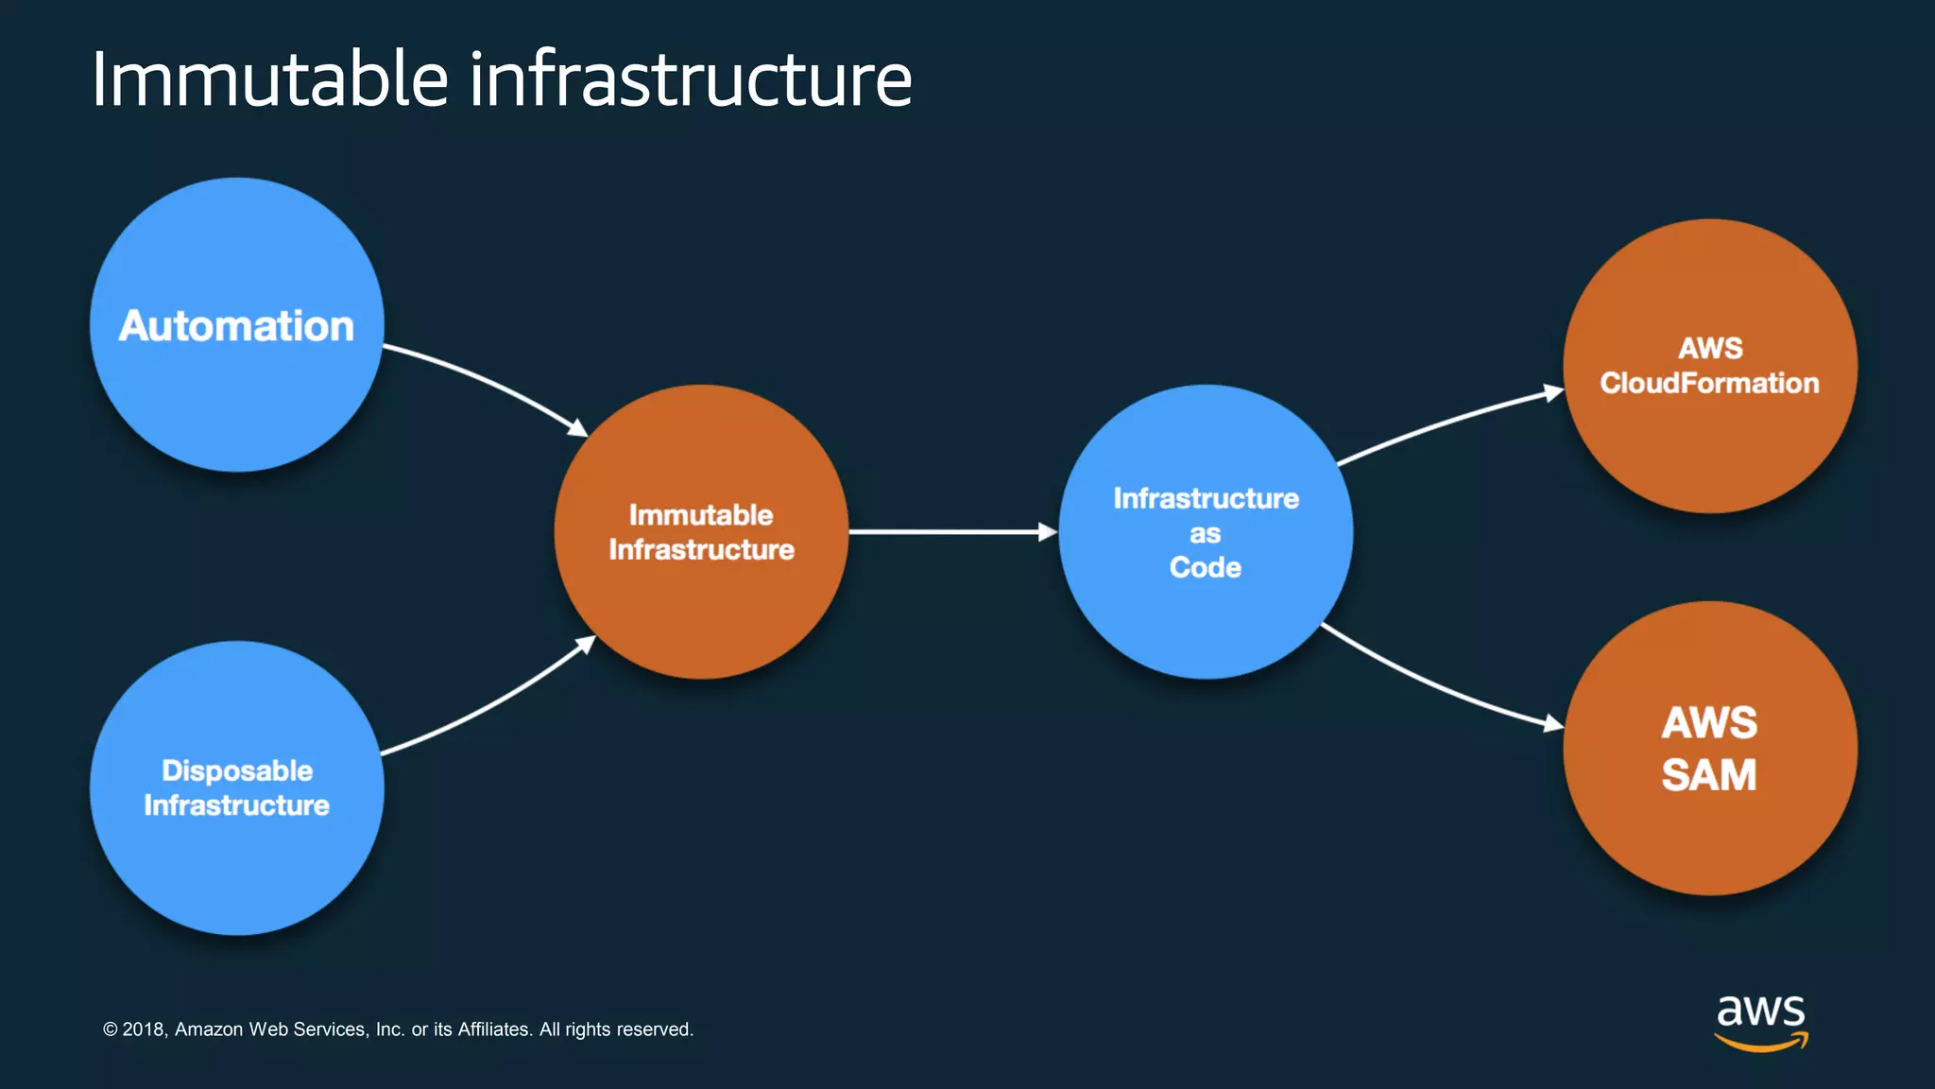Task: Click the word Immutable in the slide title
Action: pyautogui.click(x=270, y=79)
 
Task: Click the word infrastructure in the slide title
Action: pyautogui.click(x=691, y=79)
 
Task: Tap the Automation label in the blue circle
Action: pyautogui.click(x=236, y=326)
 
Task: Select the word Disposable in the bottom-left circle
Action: pyautogui.click(x=237, y=770)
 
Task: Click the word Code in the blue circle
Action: pyautogui.click(x=1205, y=567)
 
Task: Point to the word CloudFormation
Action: pyautogui.click(x=1709, y=384)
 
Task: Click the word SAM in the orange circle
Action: pyautogui.click(x=1708, y=776)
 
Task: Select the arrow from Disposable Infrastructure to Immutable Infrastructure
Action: pyautogui.click(x=491, y=700)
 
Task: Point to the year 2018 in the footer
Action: pyautogui.click(x=144, y=1029)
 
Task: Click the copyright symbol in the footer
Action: pyautogui.click(x=110, y=1029)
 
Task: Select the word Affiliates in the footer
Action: pyautogui.click(x=494, y=1029)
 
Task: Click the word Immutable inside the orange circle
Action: pyautogui.click(x=701, y=515)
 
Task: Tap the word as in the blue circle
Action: pyautogui.click(x=1205, y=534)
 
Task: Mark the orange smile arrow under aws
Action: pyautogui.click(x=1760, y=1043)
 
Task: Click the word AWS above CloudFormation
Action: pyautogui.click(x=1710, y=349)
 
